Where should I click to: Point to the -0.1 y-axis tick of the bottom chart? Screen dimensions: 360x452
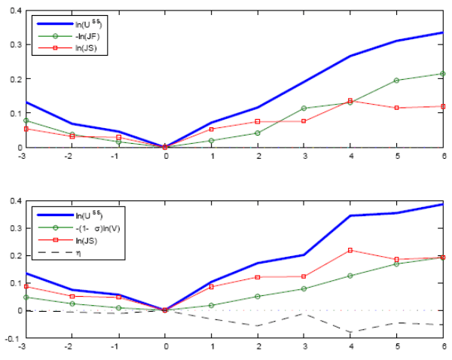point(13,338)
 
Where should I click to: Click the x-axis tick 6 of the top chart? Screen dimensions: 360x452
point(444,155)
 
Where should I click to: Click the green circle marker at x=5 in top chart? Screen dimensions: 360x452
point(396,81)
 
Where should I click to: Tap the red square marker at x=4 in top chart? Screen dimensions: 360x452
point(350,101)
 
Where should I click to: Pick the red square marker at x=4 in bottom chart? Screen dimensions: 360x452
point(350,250)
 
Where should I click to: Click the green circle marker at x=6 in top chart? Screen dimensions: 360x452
point(443,74)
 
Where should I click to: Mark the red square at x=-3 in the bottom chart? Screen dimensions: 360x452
point(25,286)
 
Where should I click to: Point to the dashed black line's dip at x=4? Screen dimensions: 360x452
point(350,332)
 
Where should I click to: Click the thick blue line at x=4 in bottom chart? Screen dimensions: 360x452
point(350,216)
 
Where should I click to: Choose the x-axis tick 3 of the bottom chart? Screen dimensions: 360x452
point(304,346)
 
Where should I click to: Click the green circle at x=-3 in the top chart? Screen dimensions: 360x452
point(25,121)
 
